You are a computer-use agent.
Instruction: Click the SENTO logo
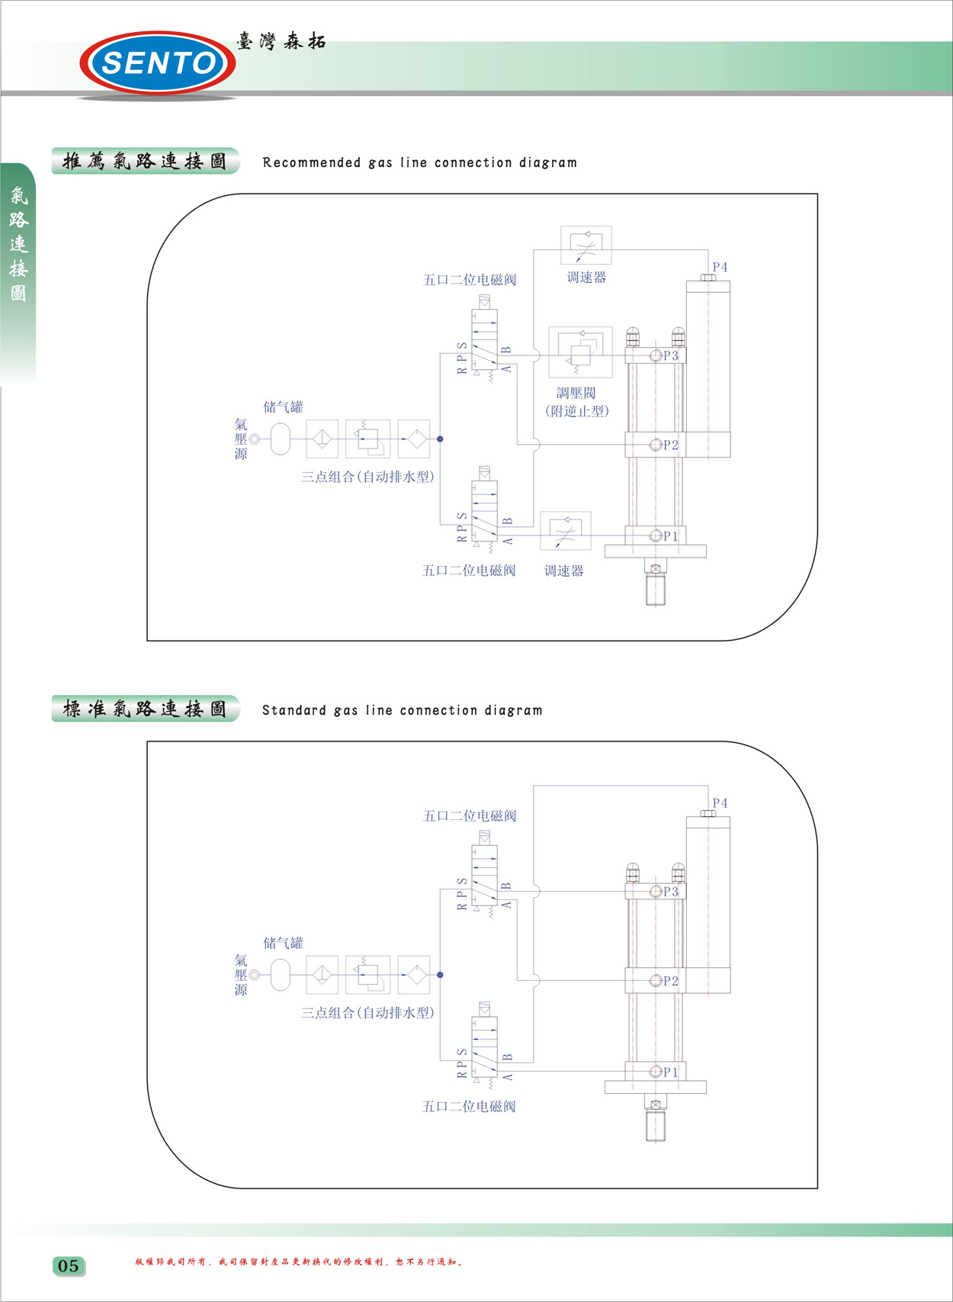[158, 63]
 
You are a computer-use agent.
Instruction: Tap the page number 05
[69, 1266]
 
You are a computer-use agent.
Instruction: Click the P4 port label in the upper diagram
[720, 267]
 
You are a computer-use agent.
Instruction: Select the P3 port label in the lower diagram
[670, 892]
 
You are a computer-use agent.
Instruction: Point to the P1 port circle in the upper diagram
[655, 535]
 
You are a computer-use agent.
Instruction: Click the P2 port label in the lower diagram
[670, 981]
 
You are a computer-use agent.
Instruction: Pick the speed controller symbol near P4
[586, 246]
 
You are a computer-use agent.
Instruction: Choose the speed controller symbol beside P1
[565, 531]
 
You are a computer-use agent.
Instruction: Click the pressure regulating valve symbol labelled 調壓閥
[579, 352]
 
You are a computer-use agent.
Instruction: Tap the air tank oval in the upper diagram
[281, 439]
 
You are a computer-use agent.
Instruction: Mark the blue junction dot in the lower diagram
[440, 975]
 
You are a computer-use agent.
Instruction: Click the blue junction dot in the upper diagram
[440, 439]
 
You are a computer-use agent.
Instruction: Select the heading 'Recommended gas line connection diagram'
[419, 162]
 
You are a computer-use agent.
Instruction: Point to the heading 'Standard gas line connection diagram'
[402, 710]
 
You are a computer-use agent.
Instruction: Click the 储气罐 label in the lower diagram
[283, 943]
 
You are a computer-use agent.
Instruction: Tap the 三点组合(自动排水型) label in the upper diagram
[367, 477]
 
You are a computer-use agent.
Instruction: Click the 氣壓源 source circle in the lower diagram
[255, 975]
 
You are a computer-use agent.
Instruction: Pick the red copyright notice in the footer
[299, 1262]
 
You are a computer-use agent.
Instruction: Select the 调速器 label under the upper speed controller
[586, 278]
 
